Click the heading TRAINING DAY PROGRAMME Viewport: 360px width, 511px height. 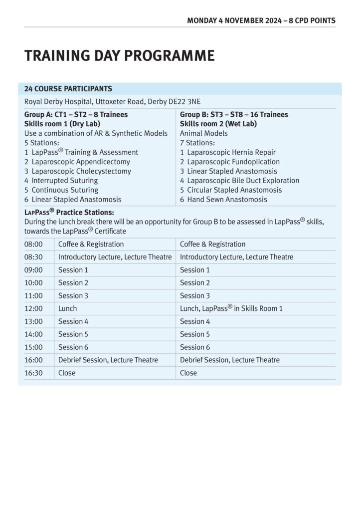click(120, 55)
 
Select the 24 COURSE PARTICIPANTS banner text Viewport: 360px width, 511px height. click(68, 89)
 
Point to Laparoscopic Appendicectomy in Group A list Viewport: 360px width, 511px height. click(77, 162)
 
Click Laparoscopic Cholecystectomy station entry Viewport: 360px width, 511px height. click(78, 171)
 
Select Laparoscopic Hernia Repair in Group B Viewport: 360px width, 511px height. click(228, 152)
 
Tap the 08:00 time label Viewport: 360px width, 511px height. click(33, 245)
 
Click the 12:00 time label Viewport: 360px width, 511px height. click(33, 309)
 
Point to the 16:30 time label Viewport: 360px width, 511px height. click(33, 373)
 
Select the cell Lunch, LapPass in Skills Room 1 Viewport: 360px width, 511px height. click(231, 308)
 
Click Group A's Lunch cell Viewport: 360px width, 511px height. click(67, 309)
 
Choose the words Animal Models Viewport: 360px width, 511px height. click(203, 133)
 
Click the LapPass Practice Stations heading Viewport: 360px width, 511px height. click(69, 213)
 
